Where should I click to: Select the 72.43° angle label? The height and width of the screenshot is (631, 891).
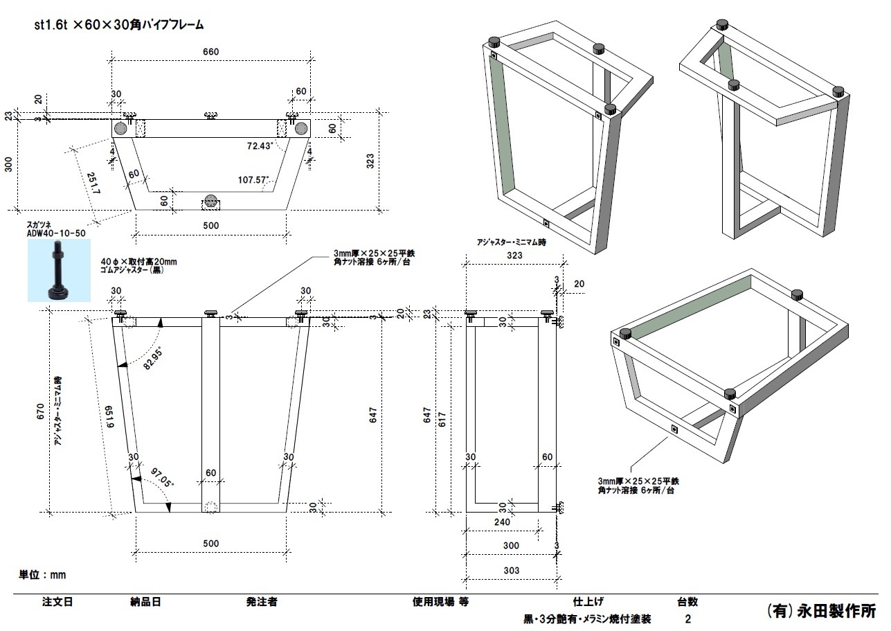pyautogui.click(x=261, y=146)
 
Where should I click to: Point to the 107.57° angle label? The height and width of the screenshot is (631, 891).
pyautogui.click(x=253, y=180)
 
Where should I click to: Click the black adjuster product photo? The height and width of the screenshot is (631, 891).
pyautogui.click(x=59, y=270)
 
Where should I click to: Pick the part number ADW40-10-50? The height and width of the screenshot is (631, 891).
pyautogui.click(x=56, y=233)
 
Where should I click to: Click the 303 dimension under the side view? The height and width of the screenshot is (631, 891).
pyautogui.click(x=511, y=570)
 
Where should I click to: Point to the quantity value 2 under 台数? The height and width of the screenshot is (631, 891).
pyautogui.click(x=687, y=619)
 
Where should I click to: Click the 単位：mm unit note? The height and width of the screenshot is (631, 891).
pyautogui.click(x=42, y=575)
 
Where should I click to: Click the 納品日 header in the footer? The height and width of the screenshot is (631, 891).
pyautogui.click(x=145, y=602)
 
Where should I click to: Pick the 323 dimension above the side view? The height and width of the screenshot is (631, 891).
pyautogui.click(x=514, y=255)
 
